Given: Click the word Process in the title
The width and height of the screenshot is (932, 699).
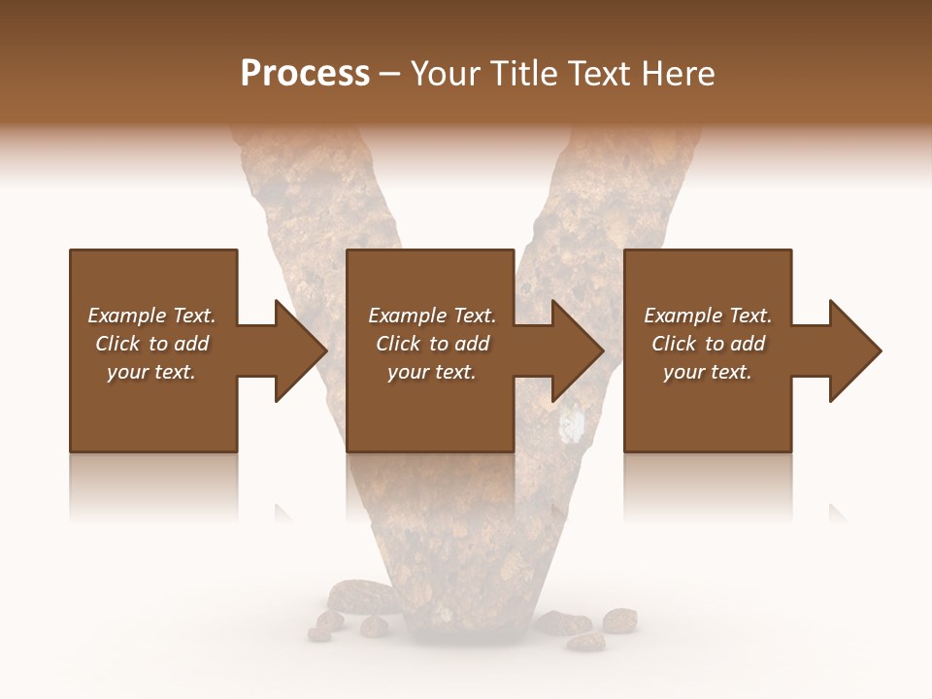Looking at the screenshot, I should click(305, 74).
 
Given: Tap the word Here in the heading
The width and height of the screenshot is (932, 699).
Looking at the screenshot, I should click(679, 74).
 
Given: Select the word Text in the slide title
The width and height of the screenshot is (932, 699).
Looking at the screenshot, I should click(602, 74).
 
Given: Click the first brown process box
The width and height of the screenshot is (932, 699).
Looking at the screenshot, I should click(153, 417).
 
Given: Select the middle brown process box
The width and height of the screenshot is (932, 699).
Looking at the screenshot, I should click(430, 417).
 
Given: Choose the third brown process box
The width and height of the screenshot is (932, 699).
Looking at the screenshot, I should click(708, 417).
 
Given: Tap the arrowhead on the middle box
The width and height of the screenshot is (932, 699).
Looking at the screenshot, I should click(577, 350).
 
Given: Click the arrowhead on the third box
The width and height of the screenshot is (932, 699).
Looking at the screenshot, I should click(854, 350).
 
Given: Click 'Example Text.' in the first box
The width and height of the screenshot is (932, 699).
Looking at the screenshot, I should click(151, 316).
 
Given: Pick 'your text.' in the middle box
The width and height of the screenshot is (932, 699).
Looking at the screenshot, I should click(431, 372).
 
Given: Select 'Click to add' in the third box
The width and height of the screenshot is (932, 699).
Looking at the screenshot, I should click(708, 344).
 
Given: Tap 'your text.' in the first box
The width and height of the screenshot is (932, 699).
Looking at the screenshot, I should click(151, 372).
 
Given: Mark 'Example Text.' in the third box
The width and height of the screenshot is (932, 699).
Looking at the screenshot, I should click(708, 316).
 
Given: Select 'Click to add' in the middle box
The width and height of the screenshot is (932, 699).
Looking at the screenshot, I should click(432, 344).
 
